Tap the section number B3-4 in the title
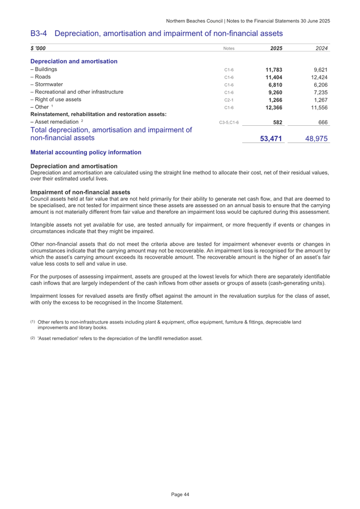pos(41,34)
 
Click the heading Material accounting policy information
pos(86,152)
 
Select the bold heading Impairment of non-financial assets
pos(81,191)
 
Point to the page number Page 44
pos(180,495)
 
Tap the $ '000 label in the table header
pos(38,49)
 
